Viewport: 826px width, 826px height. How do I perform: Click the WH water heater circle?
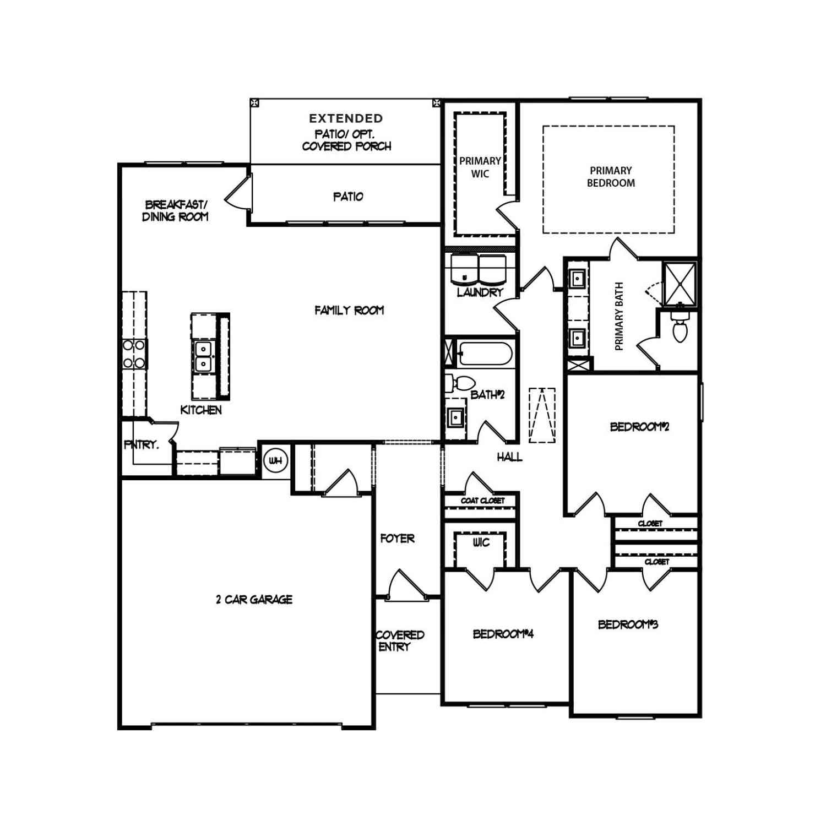pyautogui.click(x=275, y=460)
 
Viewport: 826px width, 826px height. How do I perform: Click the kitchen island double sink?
pyautogui.click(x=203, y=356)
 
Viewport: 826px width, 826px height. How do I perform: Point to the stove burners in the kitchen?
pyautogui.click(x=134, y=354)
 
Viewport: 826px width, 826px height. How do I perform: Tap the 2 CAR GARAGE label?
pyautogui.click(x=254, y=599)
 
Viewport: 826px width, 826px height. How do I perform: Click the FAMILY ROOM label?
pyautogui.click(x=349, y=310)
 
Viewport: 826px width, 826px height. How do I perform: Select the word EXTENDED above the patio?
pyautogui.click(x=346, y=118)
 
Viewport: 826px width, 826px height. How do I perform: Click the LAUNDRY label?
pyautogui.click(x=480, y=292)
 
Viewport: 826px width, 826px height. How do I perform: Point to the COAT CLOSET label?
pyautogui.click(x=482, y=501)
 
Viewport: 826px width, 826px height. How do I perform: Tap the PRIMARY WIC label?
pyautogui.click(x=480, y=167)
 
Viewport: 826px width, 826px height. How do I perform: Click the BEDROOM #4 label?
pyautogui.click(x=503, y=634)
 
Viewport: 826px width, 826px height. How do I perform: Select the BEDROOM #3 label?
pyautogui.click(x=628, y=624)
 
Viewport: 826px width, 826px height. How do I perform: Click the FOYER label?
pyautogui.click(x=397, y=538)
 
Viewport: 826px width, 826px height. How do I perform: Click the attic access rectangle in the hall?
pyautogui.click(x=542, y=415)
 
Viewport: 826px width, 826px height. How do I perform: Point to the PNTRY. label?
pyautogui.click(x=142, y=444)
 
